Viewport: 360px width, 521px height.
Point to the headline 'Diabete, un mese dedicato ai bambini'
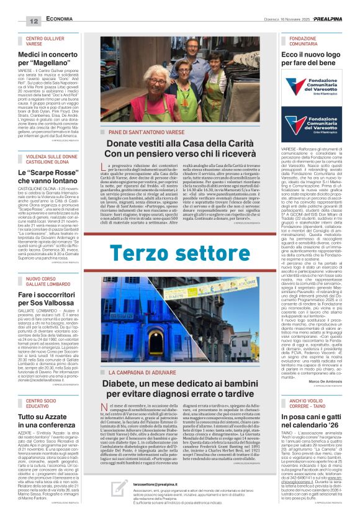[180, 389]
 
